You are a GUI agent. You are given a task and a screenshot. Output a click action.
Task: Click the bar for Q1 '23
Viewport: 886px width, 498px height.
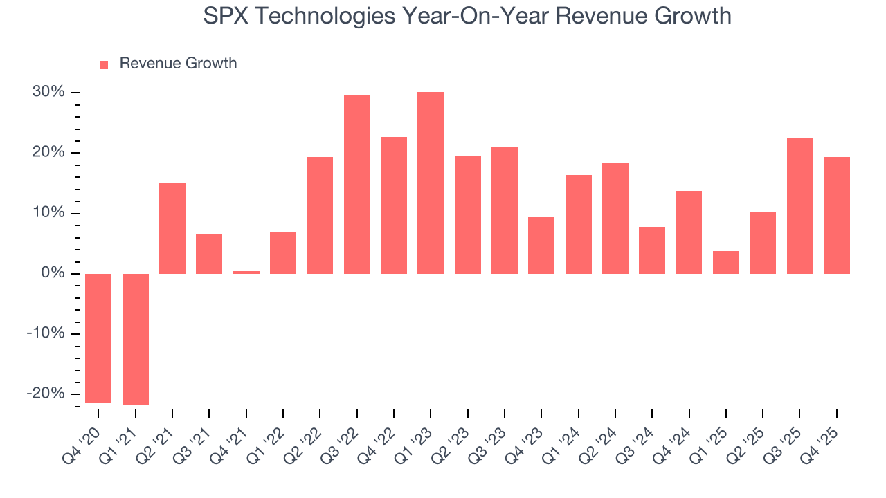tap(431, 183)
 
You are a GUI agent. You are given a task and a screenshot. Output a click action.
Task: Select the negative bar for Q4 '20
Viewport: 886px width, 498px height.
tap(98, 338)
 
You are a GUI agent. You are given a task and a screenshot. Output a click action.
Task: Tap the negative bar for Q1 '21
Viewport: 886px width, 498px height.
tap(136, 339)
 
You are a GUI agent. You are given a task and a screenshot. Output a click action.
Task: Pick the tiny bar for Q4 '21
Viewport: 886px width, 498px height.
tap(246, 272)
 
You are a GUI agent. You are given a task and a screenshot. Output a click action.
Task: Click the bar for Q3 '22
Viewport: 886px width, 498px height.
tap(357, 184)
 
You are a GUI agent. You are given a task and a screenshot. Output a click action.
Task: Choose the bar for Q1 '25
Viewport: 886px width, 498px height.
tap(726, 262)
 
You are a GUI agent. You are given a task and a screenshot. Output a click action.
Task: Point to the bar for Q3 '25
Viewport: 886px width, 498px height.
tap(799, 205)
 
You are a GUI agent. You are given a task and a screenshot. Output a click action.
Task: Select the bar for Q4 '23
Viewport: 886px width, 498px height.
tap(541, 246)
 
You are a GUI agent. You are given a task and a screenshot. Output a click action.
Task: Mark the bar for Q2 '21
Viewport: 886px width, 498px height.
tap(172, 228)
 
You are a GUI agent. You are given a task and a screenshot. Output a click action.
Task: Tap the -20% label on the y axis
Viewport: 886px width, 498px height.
tap(46, 394)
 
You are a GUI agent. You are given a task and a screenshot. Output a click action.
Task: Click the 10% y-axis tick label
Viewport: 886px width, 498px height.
tap(48, 213)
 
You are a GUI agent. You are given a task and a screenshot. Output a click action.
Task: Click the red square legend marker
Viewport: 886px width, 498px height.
tap(104, 65)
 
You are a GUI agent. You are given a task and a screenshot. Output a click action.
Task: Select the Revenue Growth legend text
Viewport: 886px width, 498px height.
tap(178, 64)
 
